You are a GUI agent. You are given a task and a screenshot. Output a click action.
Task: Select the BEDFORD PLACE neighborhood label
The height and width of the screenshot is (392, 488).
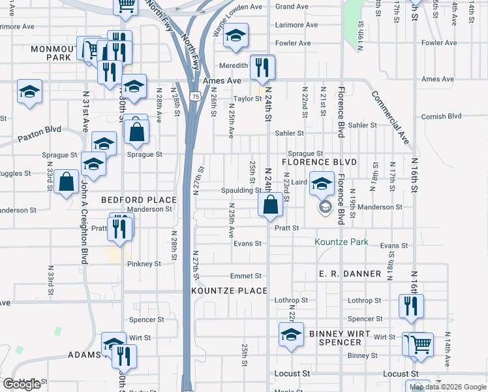(x=138, y=199)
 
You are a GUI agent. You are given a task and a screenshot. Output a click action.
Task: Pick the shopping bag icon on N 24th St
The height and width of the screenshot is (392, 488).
(x=270, y=206)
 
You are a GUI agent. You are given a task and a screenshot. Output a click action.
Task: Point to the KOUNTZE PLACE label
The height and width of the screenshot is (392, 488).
(x=230, y=290)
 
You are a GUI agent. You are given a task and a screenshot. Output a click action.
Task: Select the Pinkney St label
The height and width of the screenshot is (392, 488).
(x=144, y=264)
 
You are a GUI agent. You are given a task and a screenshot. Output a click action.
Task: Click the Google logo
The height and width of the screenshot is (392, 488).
(x=22, y=384)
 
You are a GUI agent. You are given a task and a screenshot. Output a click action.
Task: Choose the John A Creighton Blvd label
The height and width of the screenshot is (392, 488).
(x=84, y=216)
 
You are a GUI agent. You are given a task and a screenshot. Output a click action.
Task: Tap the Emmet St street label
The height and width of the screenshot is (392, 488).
(x=245, y=276)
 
